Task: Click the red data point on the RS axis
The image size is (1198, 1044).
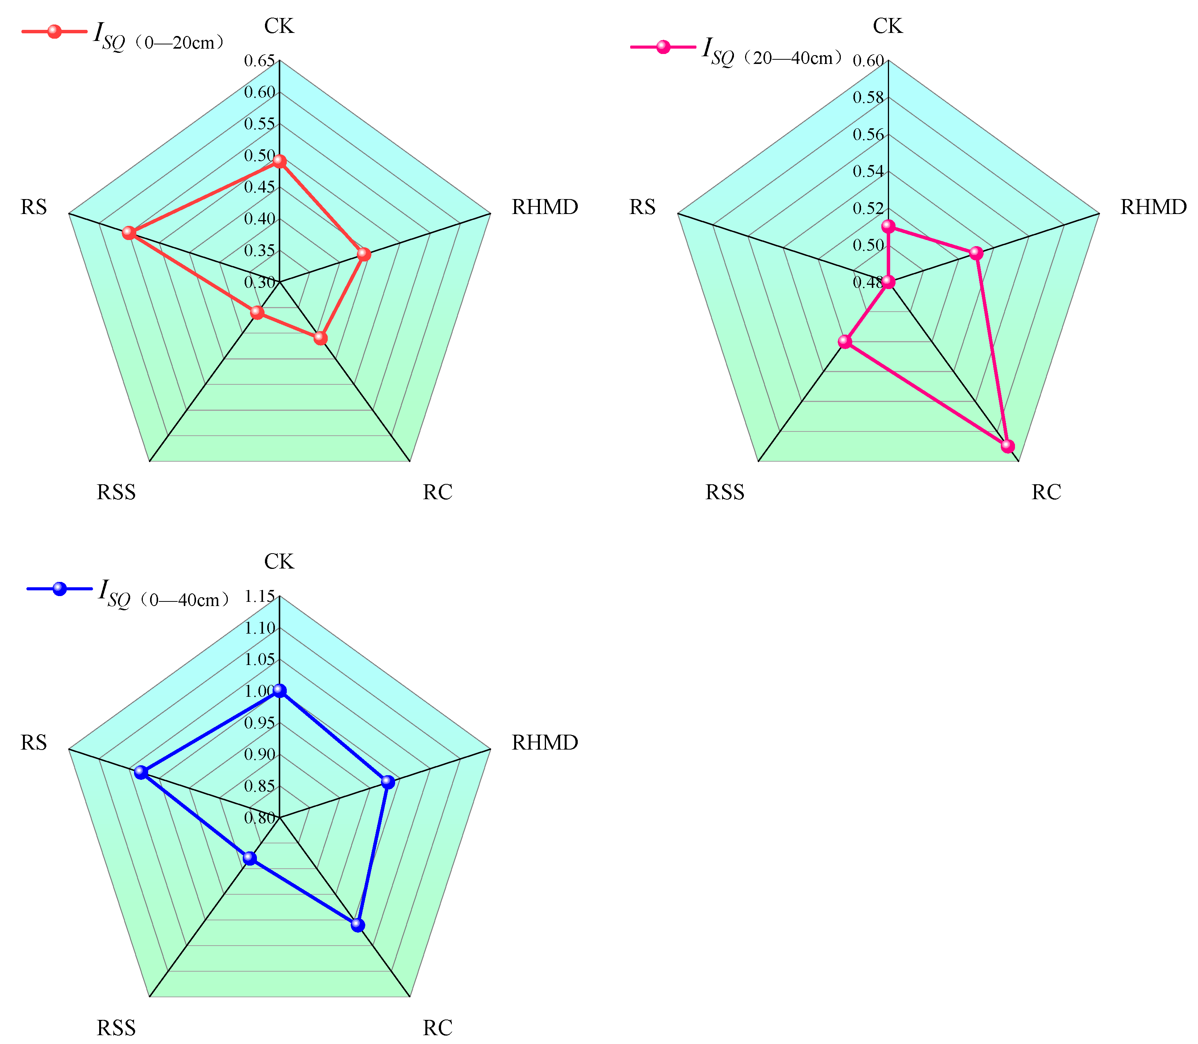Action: click(x=129, y=233)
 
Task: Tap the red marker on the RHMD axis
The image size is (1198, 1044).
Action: click(x=364, y=254)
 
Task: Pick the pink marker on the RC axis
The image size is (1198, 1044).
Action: click(x=1007, y=446)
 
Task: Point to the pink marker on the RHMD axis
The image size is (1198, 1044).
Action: click(x=976, y=253)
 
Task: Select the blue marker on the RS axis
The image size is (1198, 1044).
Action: click(x=141, y=773)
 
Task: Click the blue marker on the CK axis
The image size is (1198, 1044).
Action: click(x=280, y=691)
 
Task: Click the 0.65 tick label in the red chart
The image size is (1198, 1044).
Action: click(x=259, y=60)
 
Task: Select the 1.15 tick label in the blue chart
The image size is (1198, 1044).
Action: click(x=259, y=596)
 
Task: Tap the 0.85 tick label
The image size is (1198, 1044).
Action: click(x=259, y=786)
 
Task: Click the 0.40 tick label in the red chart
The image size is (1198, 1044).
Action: click(x=259, y=219)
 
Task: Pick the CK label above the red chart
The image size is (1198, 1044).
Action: click(x=279, y=26)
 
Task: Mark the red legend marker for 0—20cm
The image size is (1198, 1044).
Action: click(x=54, y=31)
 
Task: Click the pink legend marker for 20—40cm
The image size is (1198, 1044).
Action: click(x=663, y=47)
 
